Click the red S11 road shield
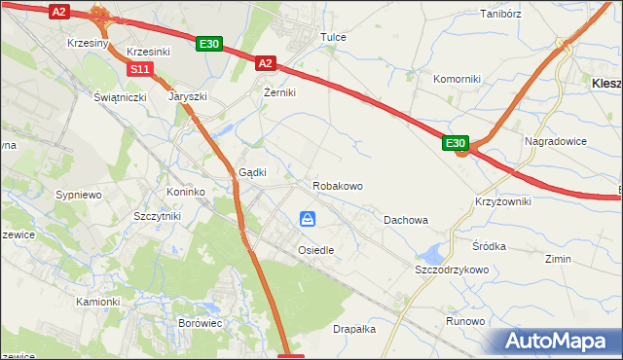[140, 69]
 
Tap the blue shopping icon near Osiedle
[308, 219]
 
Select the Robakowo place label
[338, 185]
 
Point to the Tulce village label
[334, 38]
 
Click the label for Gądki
[253, 172]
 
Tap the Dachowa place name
[406, 220]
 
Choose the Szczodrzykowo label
[451, 269]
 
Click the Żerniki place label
[279, 92]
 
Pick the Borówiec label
[202, 321]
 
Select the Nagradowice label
[556, 141]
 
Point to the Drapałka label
[354, 329]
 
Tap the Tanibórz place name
[502, 14]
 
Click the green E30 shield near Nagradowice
[457, 143]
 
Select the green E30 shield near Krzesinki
[210, 44]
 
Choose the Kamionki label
[97, 302]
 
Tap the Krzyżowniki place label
[503, 200]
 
